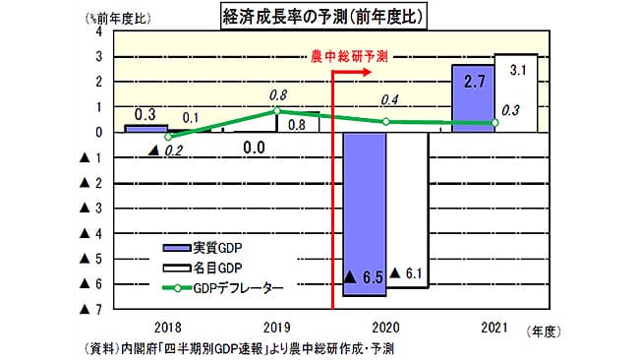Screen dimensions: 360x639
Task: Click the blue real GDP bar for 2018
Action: [146, 128]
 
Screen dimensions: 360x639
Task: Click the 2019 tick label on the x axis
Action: [277, 326]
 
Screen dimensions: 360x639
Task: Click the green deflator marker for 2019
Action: [277, 111]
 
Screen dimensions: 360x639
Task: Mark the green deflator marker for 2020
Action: [385, 122]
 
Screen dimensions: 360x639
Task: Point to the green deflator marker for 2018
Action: [168, 137]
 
